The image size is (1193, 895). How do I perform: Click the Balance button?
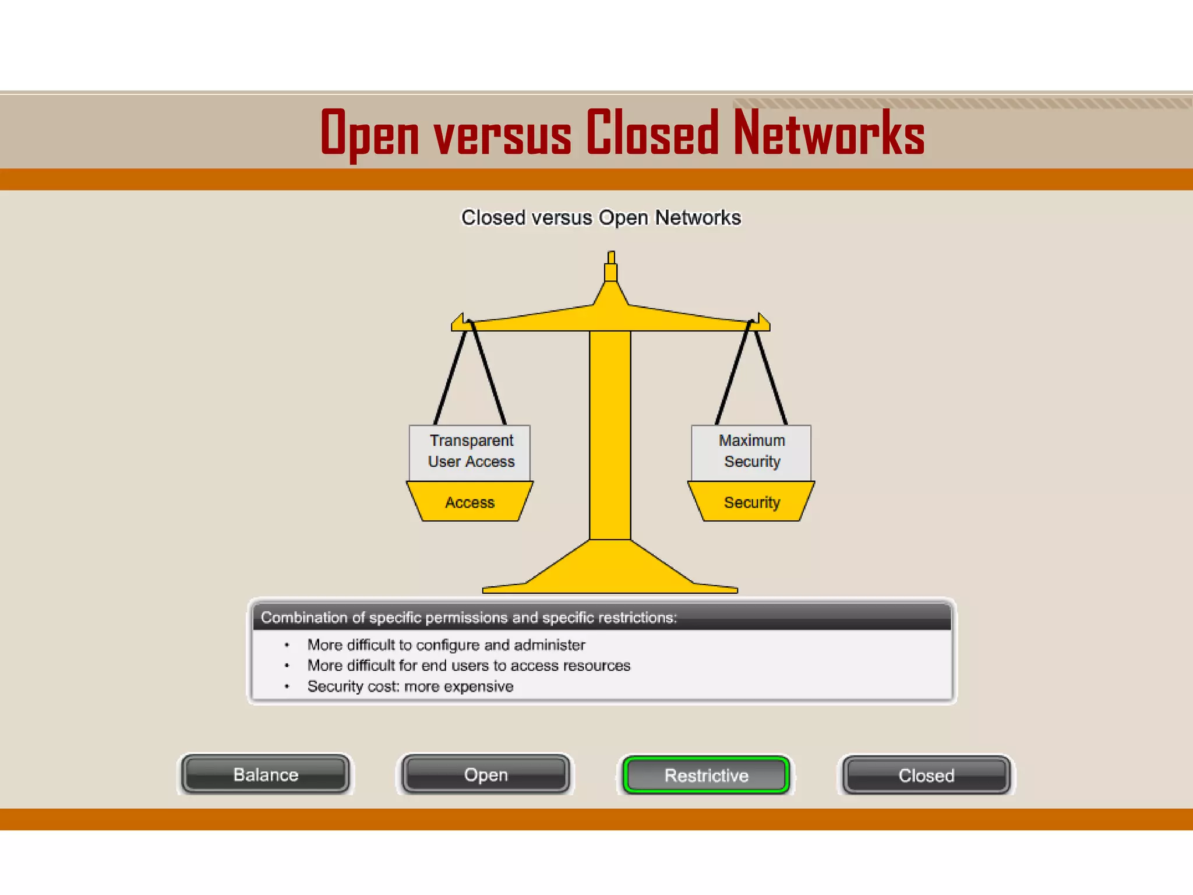coord(266,774)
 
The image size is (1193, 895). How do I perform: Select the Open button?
coord(486,774)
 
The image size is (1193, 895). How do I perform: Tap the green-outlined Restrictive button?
coord(706,775)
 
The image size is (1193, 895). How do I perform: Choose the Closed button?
coord(926,775)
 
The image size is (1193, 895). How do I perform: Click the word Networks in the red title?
coord(828,134)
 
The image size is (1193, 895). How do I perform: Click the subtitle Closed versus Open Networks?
coord(601,217)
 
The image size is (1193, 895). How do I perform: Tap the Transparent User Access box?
coord(470,452)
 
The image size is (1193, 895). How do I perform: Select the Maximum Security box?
coord(751,452)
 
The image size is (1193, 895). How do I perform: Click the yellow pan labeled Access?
coord(470,502)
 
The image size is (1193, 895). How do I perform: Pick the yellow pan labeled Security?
coord(751,502)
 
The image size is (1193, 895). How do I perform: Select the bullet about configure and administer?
coord(446,645)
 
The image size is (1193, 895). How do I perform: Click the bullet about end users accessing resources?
coord(468,665)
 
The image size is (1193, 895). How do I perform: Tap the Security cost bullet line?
coord(410,686)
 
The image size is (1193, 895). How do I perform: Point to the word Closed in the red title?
coord(652,134)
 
